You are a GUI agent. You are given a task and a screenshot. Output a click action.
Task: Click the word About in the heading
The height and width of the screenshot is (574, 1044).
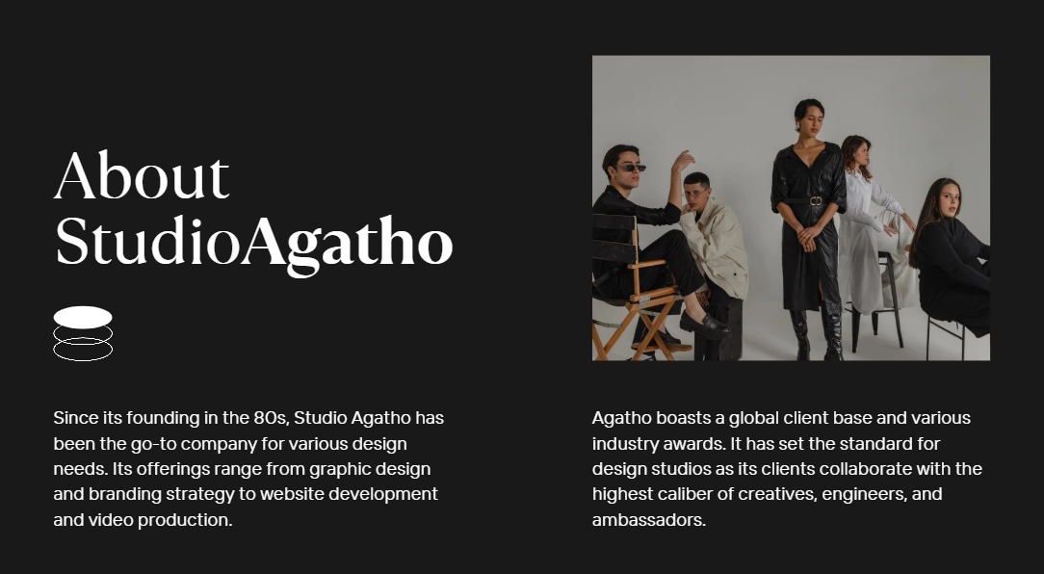click(x=142, y=175)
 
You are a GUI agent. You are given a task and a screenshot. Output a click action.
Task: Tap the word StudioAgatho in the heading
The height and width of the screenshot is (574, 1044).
click(x=253, y=244)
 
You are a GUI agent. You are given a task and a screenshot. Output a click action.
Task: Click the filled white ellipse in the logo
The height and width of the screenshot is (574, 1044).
click(x=83, y=317)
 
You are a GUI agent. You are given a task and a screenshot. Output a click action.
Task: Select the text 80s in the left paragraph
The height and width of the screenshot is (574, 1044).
click(x=271, y=418)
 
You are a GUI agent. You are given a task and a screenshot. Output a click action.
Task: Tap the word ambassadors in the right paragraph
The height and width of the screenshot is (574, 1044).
click(x=648, y=520)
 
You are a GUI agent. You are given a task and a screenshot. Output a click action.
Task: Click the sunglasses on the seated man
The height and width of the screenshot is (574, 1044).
click(x=630, y=168)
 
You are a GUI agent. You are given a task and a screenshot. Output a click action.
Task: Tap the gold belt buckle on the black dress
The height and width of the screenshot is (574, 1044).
click(x=816, y=201)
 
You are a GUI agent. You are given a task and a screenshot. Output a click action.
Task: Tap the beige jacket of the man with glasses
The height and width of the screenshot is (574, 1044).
click(x=715, y=247)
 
